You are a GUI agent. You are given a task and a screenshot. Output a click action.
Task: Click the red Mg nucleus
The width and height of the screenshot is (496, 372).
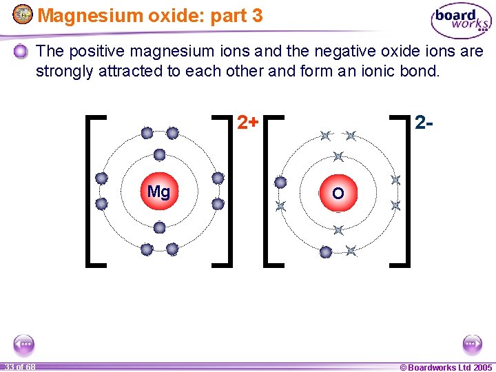pos(159,192)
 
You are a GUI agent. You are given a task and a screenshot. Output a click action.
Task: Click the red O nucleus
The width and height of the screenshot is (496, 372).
pos(338,194)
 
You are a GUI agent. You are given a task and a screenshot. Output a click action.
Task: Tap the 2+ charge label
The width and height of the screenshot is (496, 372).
pos(248,123)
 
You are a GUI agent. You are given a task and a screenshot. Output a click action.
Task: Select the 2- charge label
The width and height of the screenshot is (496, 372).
pos(424,123)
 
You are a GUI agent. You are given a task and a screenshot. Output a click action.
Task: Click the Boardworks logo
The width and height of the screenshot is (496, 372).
pos(461,21)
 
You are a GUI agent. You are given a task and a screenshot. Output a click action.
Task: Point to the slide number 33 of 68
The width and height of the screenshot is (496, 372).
pos(19,366)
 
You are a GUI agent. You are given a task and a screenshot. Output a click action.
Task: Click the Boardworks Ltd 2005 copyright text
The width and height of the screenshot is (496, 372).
pos(446,366)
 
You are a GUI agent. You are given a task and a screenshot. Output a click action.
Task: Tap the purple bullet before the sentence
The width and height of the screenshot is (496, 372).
pos(21,51)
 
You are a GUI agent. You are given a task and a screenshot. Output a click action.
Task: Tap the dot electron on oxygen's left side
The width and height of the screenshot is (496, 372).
pos(280,183)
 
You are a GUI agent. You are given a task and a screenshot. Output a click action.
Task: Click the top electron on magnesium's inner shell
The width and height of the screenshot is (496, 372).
pos(159,155)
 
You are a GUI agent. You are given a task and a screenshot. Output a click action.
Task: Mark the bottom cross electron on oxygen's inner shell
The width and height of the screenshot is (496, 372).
pos(338,230)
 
